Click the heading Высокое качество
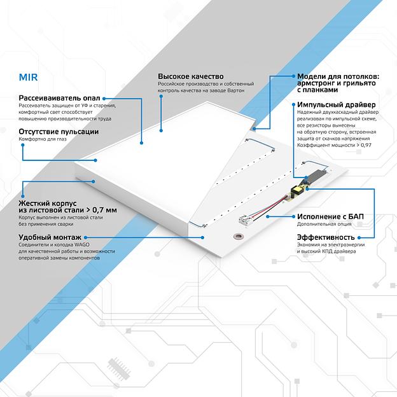191,76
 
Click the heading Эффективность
325,237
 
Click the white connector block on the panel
244,220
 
